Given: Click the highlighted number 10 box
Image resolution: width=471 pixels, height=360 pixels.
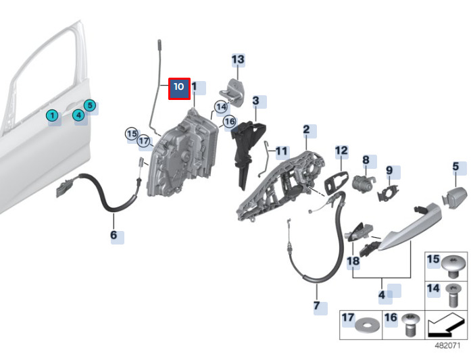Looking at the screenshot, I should [179, 87].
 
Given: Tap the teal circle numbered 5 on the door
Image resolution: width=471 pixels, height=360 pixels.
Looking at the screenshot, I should [91, 105].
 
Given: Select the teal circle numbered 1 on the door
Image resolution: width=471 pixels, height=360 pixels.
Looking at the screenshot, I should [52, 115].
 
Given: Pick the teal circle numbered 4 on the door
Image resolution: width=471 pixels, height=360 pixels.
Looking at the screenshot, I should [79, 115].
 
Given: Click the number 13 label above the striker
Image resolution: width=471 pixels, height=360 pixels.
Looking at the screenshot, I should [238, 59].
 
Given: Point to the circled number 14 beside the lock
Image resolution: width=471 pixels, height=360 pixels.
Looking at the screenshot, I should [221, 107].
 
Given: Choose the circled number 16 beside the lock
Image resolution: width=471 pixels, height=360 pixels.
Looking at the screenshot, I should [229, 122].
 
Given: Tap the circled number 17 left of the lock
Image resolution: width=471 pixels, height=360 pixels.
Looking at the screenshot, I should [143, 141].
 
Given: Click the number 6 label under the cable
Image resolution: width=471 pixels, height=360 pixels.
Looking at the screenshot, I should [114, 235].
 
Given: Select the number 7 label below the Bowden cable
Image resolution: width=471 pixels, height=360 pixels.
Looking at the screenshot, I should [316, 306].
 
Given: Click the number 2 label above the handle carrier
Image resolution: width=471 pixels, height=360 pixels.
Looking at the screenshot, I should [306, 129].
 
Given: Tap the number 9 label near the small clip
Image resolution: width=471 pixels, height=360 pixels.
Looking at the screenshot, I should [389, 170].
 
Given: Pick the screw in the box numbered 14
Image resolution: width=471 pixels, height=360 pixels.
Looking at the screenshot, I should [452, 295].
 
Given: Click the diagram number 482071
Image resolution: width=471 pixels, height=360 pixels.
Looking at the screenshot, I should [447, 345].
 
